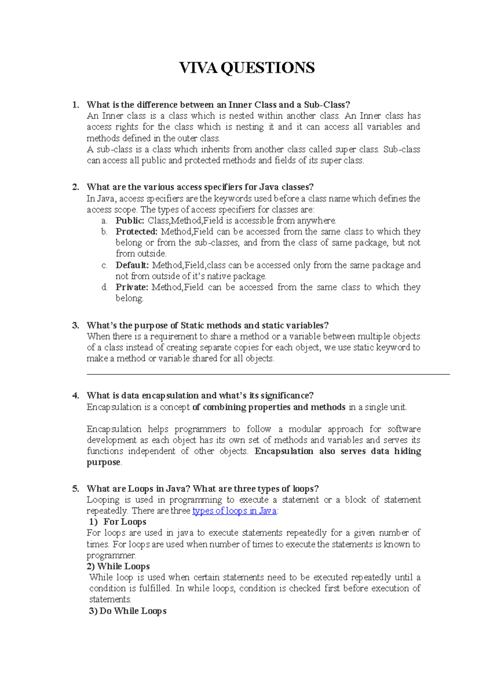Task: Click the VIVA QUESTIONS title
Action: [x=247, y=68]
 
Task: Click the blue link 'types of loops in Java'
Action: [x=234, y=511]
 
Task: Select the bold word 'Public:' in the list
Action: [x=130, y=220]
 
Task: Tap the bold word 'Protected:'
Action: [x=137, y=232]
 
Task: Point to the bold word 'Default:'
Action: [x=132, y=265]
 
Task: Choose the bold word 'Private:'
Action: [x=132, y=287]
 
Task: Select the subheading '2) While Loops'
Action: [x=118, y=566]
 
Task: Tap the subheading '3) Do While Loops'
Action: [x=127, y=611]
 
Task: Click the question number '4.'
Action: [x=76, y=396]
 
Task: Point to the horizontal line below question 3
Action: [x=268, y=374]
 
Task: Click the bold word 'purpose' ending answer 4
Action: [x=103, y=462]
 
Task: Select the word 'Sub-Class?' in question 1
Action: [x=327, y=105]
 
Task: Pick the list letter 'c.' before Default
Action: [x=105, y=265]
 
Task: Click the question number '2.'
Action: [x=76, y=187]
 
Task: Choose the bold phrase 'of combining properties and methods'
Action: [x=269, y=407]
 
